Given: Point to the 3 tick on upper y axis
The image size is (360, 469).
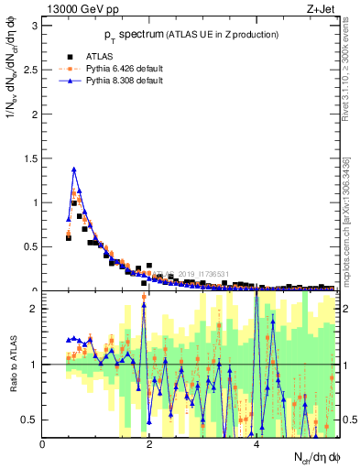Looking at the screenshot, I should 36,25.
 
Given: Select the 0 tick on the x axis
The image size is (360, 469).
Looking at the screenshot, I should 43,444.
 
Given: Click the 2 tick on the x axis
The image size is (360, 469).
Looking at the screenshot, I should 150,444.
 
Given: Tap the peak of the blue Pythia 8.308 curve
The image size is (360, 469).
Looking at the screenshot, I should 74,169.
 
